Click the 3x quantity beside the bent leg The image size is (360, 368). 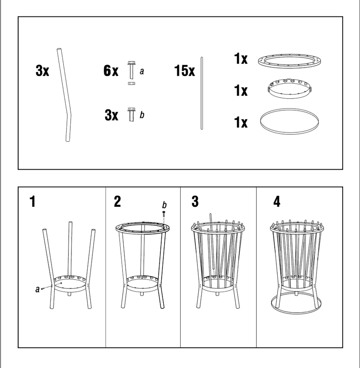pos(42,70)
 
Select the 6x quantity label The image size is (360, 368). pos(111,70)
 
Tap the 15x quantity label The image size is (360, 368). pos(185,71)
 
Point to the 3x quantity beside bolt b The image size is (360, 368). pos(111,115)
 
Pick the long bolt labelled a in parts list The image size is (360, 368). pos(131,70)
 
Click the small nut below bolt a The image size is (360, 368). pos(131,83)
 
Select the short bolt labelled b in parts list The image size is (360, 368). pos(131,114)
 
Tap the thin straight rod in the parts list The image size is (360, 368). pos(202,93)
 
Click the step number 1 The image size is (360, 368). pos(32,201)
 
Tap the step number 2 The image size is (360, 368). pos(117,201)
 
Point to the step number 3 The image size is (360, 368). pos(195,201)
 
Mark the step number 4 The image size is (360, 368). pos(277,201)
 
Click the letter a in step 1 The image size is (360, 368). pos(37,289)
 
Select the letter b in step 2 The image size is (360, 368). pos(164,205)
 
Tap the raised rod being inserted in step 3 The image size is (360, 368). pos(212,241)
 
